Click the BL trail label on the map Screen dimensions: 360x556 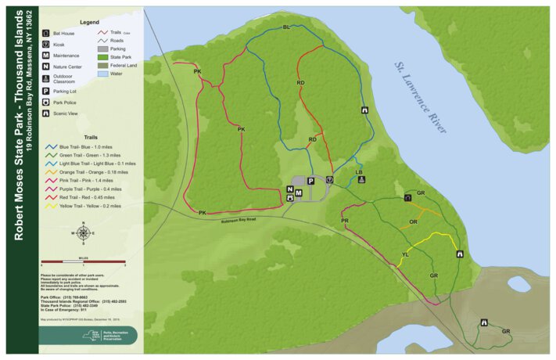point(286,27)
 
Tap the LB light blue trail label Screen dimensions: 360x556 point(360,171)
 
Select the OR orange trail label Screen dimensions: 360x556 point(414,222)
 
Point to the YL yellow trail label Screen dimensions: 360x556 point(406,254)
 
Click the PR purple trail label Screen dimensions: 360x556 point(345,221)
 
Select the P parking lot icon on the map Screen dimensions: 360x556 point(310,181)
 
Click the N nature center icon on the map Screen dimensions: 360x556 point(290,189)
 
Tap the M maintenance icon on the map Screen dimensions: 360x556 point(299,193)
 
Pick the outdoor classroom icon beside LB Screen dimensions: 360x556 point(361,180)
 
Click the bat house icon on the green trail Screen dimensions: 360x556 point(408,199)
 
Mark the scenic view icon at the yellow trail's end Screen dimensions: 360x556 point(459,254)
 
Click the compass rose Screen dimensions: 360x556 point(84,232)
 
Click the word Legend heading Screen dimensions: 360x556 point(89,23)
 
